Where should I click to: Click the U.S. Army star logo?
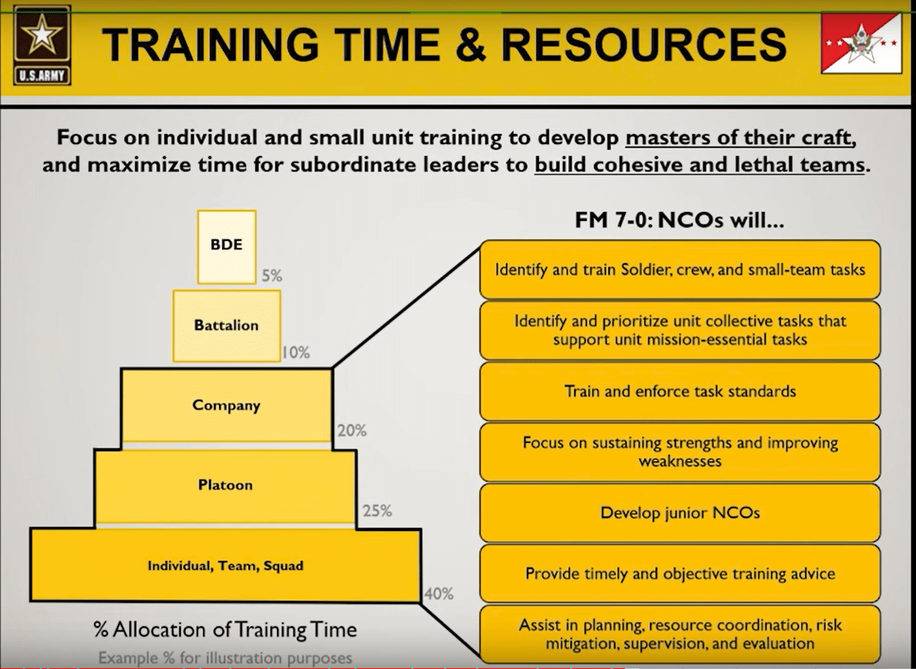[42, 46]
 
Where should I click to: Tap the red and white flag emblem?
[861, 43]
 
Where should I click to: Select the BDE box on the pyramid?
[226, 247]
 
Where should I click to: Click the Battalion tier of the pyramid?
[226, 326]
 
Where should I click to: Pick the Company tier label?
[226, 405]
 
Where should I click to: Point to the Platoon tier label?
[226, 485]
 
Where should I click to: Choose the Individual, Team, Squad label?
[226, 566]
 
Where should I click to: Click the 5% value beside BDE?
[272, 276]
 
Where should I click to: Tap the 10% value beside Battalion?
[295, 353]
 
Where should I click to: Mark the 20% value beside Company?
[352, 430]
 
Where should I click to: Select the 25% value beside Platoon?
[377, 511]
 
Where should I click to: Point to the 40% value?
[438, 593]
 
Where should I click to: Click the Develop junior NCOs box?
[680, 513]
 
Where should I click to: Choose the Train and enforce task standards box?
[680, 391]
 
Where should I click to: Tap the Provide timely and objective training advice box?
[680, 574]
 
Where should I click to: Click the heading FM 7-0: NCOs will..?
[679, 220]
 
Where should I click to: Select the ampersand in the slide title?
[470, 45]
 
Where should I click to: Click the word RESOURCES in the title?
[644, 45]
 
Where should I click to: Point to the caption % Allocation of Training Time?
[225, 630]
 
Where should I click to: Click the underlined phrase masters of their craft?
[740, 138]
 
